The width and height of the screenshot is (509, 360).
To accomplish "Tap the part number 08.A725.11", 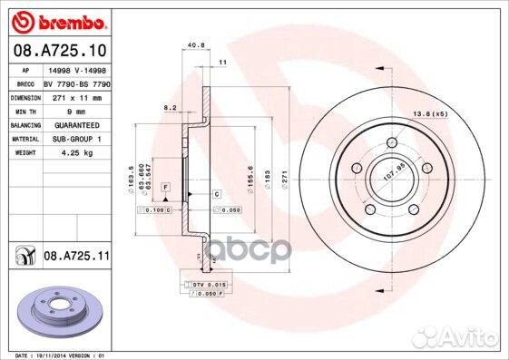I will coord(76,258).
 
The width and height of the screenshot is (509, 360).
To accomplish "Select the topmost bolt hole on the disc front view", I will coord(390,141).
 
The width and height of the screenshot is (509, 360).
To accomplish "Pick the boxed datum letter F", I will coord(165,186).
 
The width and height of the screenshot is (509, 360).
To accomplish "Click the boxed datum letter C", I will coord(218,194).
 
